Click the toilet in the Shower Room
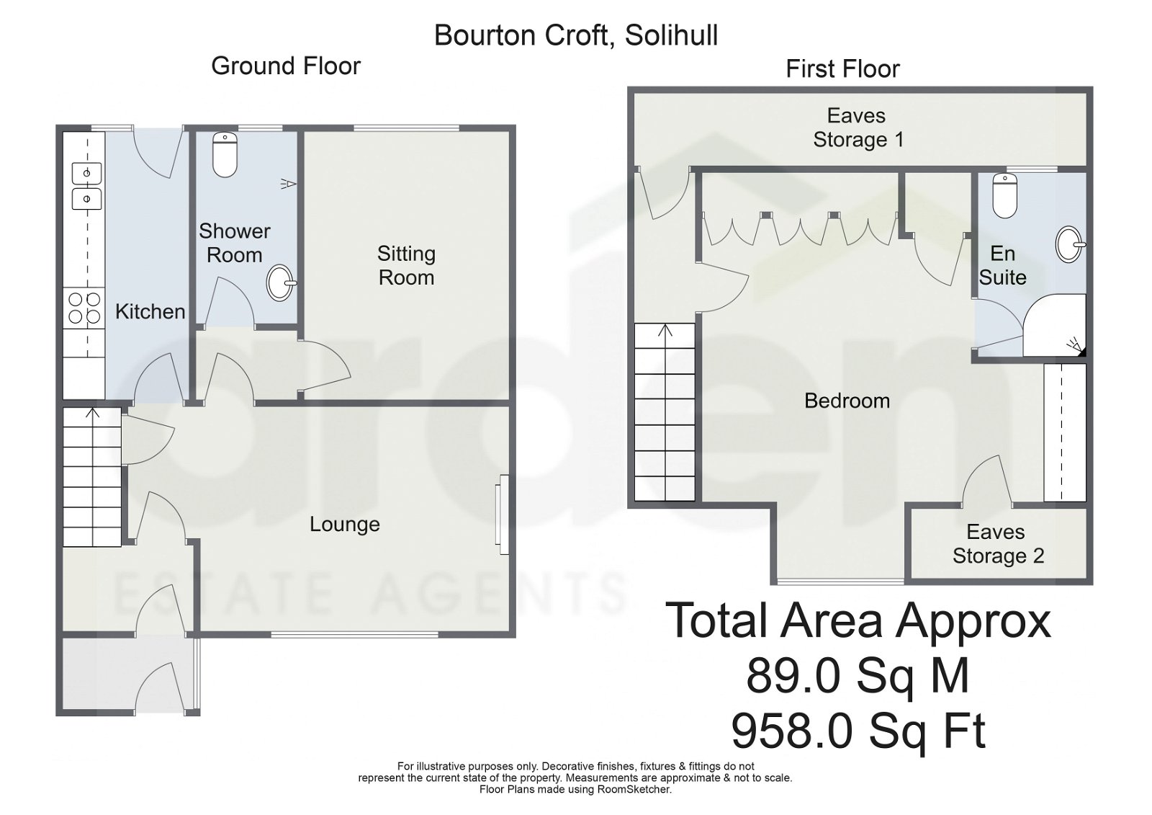click(225, 155)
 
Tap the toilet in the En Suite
click(1004, 195)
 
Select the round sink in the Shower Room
click(281, 283)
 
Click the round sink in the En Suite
click(1070, 244)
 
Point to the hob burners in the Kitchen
click(84, 308)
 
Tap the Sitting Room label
click(406, 265)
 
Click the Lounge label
click(344, 525)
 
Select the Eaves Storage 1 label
click(857, 128)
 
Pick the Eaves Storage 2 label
click(997, 544)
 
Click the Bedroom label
click(847, 401)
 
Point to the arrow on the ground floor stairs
click(92, 414)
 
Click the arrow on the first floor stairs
click(665, 331)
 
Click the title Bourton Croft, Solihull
click(576, 35)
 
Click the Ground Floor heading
click(286, 66)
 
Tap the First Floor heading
click(842, 69)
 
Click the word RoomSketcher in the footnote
click(634, 789)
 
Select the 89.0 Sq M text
click(858, 676)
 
